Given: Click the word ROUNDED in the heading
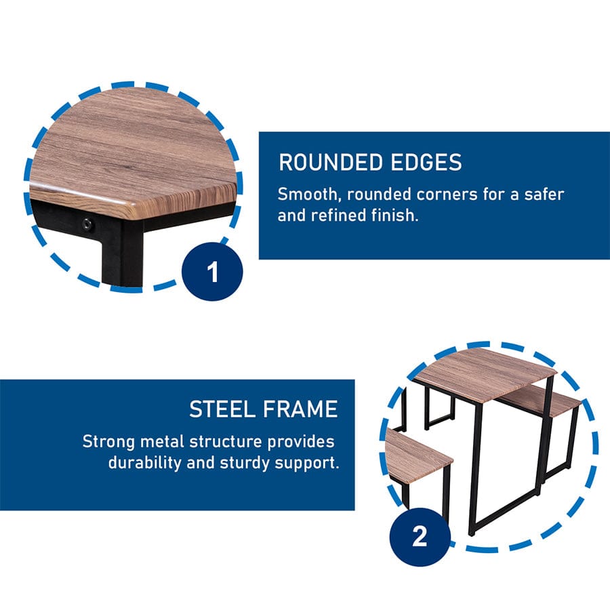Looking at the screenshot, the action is coord(331,162).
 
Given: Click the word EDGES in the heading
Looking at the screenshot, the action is coord(426,162).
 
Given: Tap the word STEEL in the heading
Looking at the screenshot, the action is coord(222,409).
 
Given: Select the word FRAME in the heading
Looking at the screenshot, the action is coord(300,409).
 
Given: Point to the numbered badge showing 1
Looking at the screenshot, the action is coord(212,272).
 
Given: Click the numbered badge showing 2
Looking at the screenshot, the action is coord(420,537).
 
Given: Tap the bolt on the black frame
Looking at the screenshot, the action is coord(87,224).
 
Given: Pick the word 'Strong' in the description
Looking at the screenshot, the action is coord(108,441).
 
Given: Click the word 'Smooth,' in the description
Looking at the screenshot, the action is coord(309,194).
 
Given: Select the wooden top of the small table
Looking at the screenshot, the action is coord(485,373).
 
